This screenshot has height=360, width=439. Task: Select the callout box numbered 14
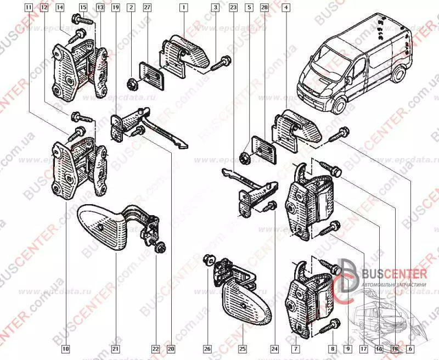pos(60,8)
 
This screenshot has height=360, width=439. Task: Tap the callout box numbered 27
pos(147,8)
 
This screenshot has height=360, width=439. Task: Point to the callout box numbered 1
pos(184,8)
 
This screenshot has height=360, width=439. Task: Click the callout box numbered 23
pos(233,8)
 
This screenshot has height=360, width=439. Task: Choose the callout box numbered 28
pos(264,8)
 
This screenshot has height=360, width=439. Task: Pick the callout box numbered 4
pos(286,8)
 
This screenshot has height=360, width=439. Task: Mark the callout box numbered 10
pos(65,348)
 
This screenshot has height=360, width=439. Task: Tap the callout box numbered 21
pos(116,348)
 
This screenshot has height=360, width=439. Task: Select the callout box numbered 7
pos(295,348)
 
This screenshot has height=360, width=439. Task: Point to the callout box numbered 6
pos(410,348)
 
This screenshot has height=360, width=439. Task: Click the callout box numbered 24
pos(274,348)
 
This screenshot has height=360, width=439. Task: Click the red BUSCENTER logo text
pos(392,273)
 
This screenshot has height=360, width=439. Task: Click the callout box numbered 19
pos(115,8)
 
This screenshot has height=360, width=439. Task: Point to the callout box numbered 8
pos(333,348)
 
